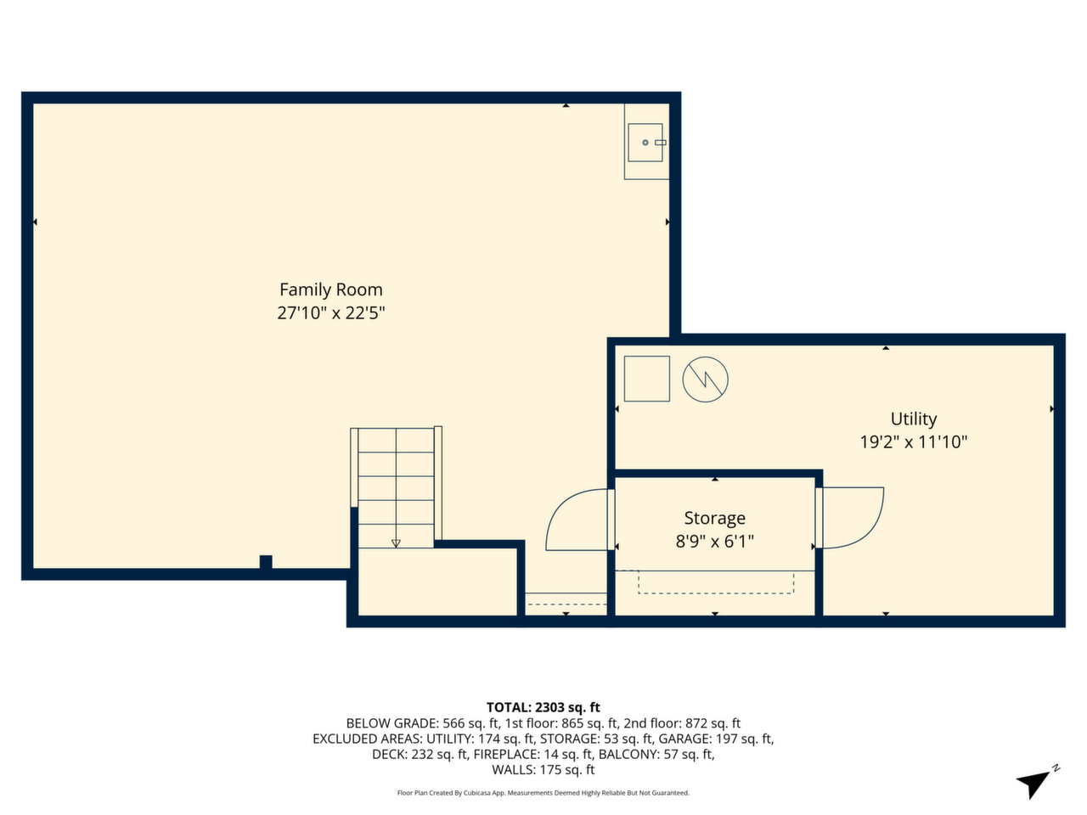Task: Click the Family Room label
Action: (x=331, y=289)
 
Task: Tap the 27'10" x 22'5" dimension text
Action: (x=331, y=313)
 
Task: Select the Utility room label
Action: (x=913, y=419)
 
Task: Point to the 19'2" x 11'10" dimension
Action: (x=913, y=442)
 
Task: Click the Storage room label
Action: (x=714, y=518)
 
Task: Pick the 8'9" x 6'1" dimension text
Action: (x=714, y=542)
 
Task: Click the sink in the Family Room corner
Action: (x=645, y=143)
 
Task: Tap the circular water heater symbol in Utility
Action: (x=705, y=379)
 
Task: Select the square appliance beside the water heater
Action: (x=647, y=379)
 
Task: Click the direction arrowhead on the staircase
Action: (x=396, y=543)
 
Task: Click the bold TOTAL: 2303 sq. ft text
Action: (x=543, y=707)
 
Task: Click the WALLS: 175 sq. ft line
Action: (x=543, y=770)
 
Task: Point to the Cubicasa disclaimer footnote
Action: (x=543, y=793)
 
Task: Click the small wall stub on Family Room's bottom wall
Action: (x=266, y=562)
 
